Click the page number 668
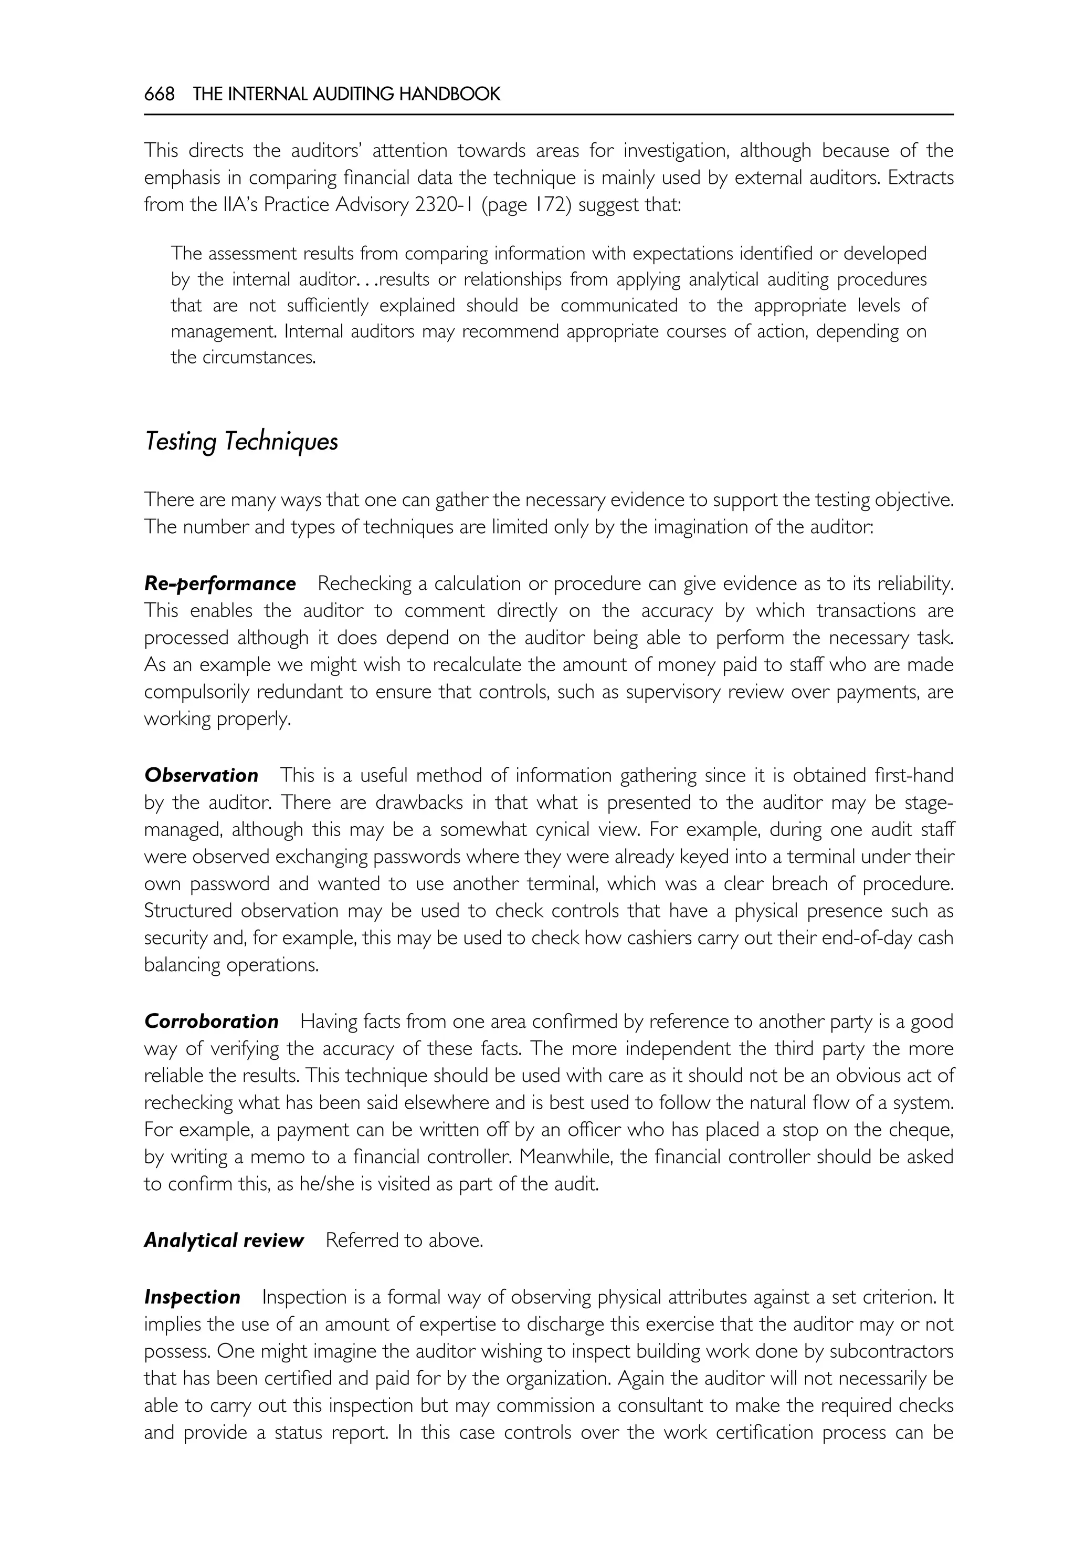pos(159,95)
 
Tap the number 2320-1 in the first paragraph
pos(440,205)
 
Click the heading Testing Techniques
pos(241,442)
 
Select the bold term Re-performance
pos(219,583)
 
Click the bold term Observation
pos(201,776)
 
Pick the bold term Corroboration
pos(211,1022)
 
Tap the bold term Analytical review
pos(224,1241)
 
